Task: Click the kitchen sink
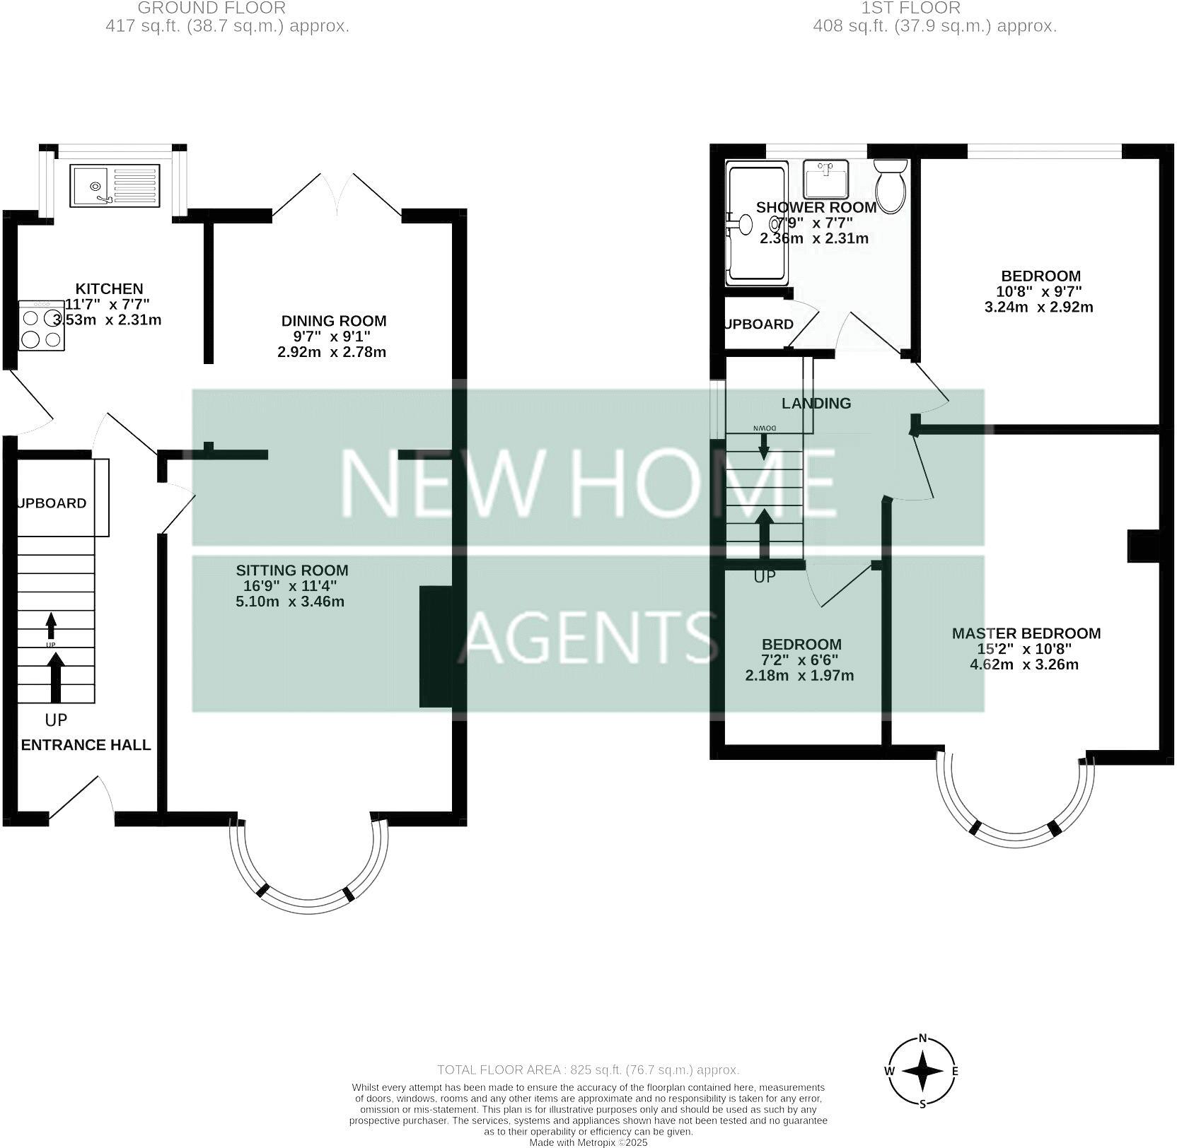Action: pyautogui.click(x=115, y=186)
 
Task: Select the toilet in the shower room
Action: pyautogui.click(x=890, y=185)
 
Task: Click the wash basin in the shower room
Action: pyautogui.click(x=825, y=180)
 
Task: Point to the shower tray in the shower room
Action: pyautogui.click(x=755, y=223)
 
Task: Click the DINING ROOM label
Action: pyautogui.click(x=334, y=321)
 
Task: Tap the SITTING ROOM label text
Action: pyautogui.click(x=292, y=570)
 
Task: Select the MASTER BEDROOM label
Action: pyautogui.click(x=1026, y=633)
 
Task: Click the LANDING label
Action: pyautogui.click(x=816, y=403)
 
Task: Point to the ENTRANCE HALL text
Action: pyautogui.click(x=86, y=745)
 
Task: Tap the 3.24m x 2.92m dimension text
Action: pyautogui.click(x=1038, y=307)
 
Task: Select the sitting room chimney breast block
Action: pyautogui.click(x=435, y=646)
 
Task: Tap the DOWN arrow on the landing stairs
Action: pyautogui.click(x=764, y=446)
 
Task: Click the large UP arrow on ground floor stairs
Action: pyautogui.click(x=55, y=676)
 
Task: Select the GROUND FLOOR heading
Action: pyautogui.click(x=211, y=8)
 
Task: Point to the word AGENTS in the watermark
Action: pyautogui.click(x=588, y=634)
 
